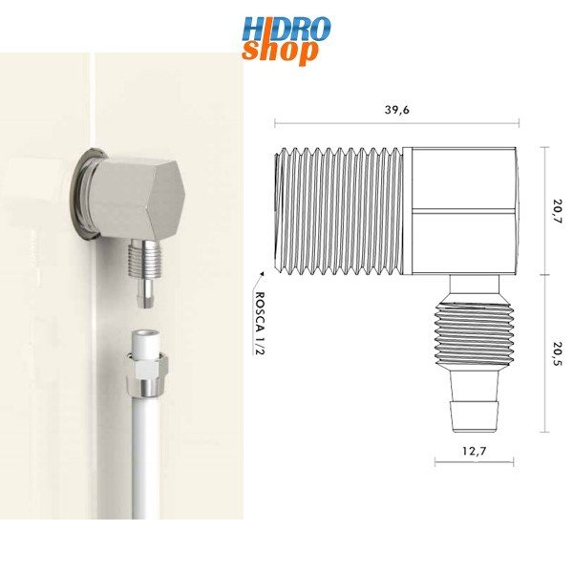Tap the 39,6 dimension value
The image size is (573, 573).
coord(398,110)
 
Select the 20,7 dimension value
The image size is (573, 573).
coord(557,211)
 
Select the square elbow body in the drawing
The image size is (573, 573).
coord(460,210)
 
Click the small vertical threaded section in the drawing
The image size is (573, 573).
coord(472,334)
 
